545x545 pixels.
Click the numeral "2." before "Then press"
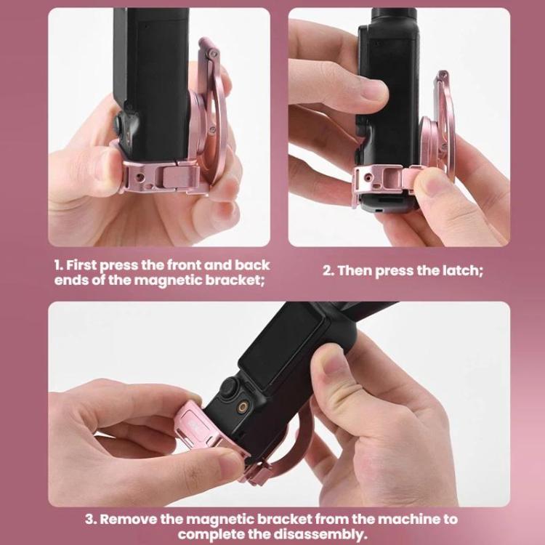(328, 270)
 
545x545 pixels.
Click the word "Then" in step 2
(357, 270)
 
